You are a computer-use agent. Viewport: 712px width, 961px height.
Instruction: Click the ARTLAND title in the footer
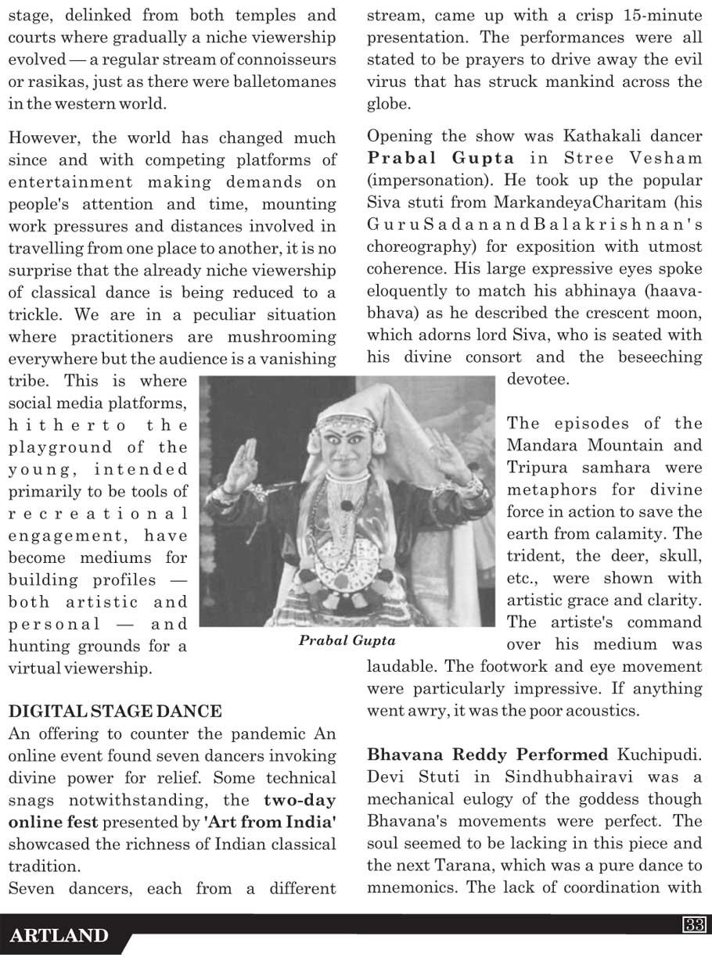tap(59, 936)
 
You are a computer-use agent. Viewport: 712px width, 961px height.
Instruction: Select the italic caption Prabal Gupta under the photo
tap(347, 640)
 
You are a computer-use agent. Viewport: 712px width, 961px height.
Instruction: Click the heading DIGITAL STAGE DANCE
tap(115, 712)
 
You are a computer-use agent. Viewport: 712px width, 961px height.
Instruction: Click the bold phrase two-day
tap(300, 800)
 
